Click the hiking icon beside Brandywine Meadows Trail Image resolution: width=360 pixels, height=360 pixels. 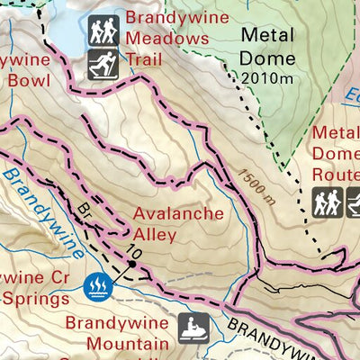pyautogui.click(x=104, y=31)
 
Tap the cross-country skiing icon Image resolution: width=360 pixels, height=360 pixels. pyautogui.click(x=104, y=64)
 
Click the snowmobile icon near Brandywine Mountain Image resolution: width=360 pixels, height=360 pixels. pyautogui.click(x=193, y=328)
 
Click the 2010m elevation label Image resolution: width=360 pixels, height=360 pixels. pyautogui.click(x=268, y=78)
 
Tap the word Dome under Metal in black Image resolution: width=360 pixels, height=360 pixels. pyautogui.click(x=267, y=58)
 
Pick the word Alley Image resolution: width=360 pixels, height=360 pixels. pyautogui.click(x=156, y=235)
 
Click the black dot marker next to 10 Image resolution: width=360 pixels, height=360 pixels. pyautogui.click(x=132, y=265)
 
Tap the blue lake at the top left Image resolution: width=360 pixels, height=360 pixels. pyautogui.click(x=63, y=31)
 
